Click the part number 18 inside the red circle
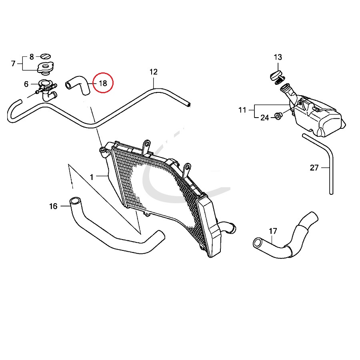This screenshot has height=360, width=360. click(x=103, y=83)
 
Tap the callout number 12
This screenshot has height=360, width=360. click(x=154, y=72)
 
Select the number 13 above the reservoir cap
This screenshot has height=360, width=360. click(x=278, y=57)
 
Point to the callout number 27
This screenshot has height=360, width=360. click(x=314, y=168)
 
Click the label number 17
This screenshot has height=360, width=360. click(x=273, y=231)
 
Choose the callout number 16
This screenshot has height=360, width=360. click(x=53, y=206)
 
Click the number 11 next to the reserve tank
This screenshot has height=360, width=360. click(x=242, y=110)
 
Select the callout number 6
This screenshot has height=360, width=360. click(x=26, y=84)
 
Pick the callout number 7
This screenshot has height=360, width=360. click(x=13, y=64)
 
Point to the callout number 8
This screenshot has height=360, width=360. click(x=32, y=56)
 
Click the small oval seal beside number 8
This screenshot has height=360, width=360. click(x=47, y=56)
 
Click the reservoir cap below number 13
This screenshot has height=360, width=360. click(x=275, y=76)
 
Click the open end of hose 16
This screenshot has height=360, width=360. click(x=74, y=200)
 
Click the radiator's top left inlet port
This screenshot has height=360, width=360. click(x=104, y=150)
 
